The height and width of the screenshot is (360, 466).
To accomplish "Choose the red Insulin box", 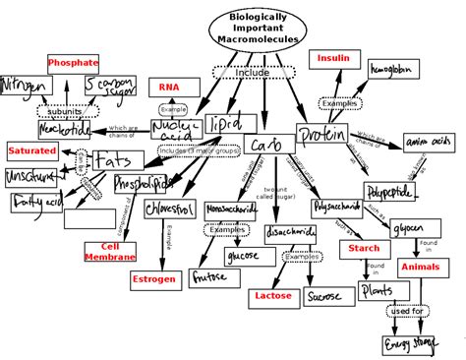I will point(333,59).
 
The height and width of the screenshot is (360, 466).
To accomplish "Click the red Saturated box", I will point(31,150).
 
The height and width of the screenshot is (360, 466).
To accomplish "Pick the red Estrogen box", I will point(155,279).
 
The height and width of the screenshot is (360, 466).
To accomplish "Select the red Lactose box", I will point(272,294).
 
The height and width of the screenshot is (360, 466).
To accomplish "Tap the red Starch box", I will point(365,249).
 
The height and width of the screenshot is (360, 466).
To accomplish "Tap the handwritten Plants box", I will point(379,291).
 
